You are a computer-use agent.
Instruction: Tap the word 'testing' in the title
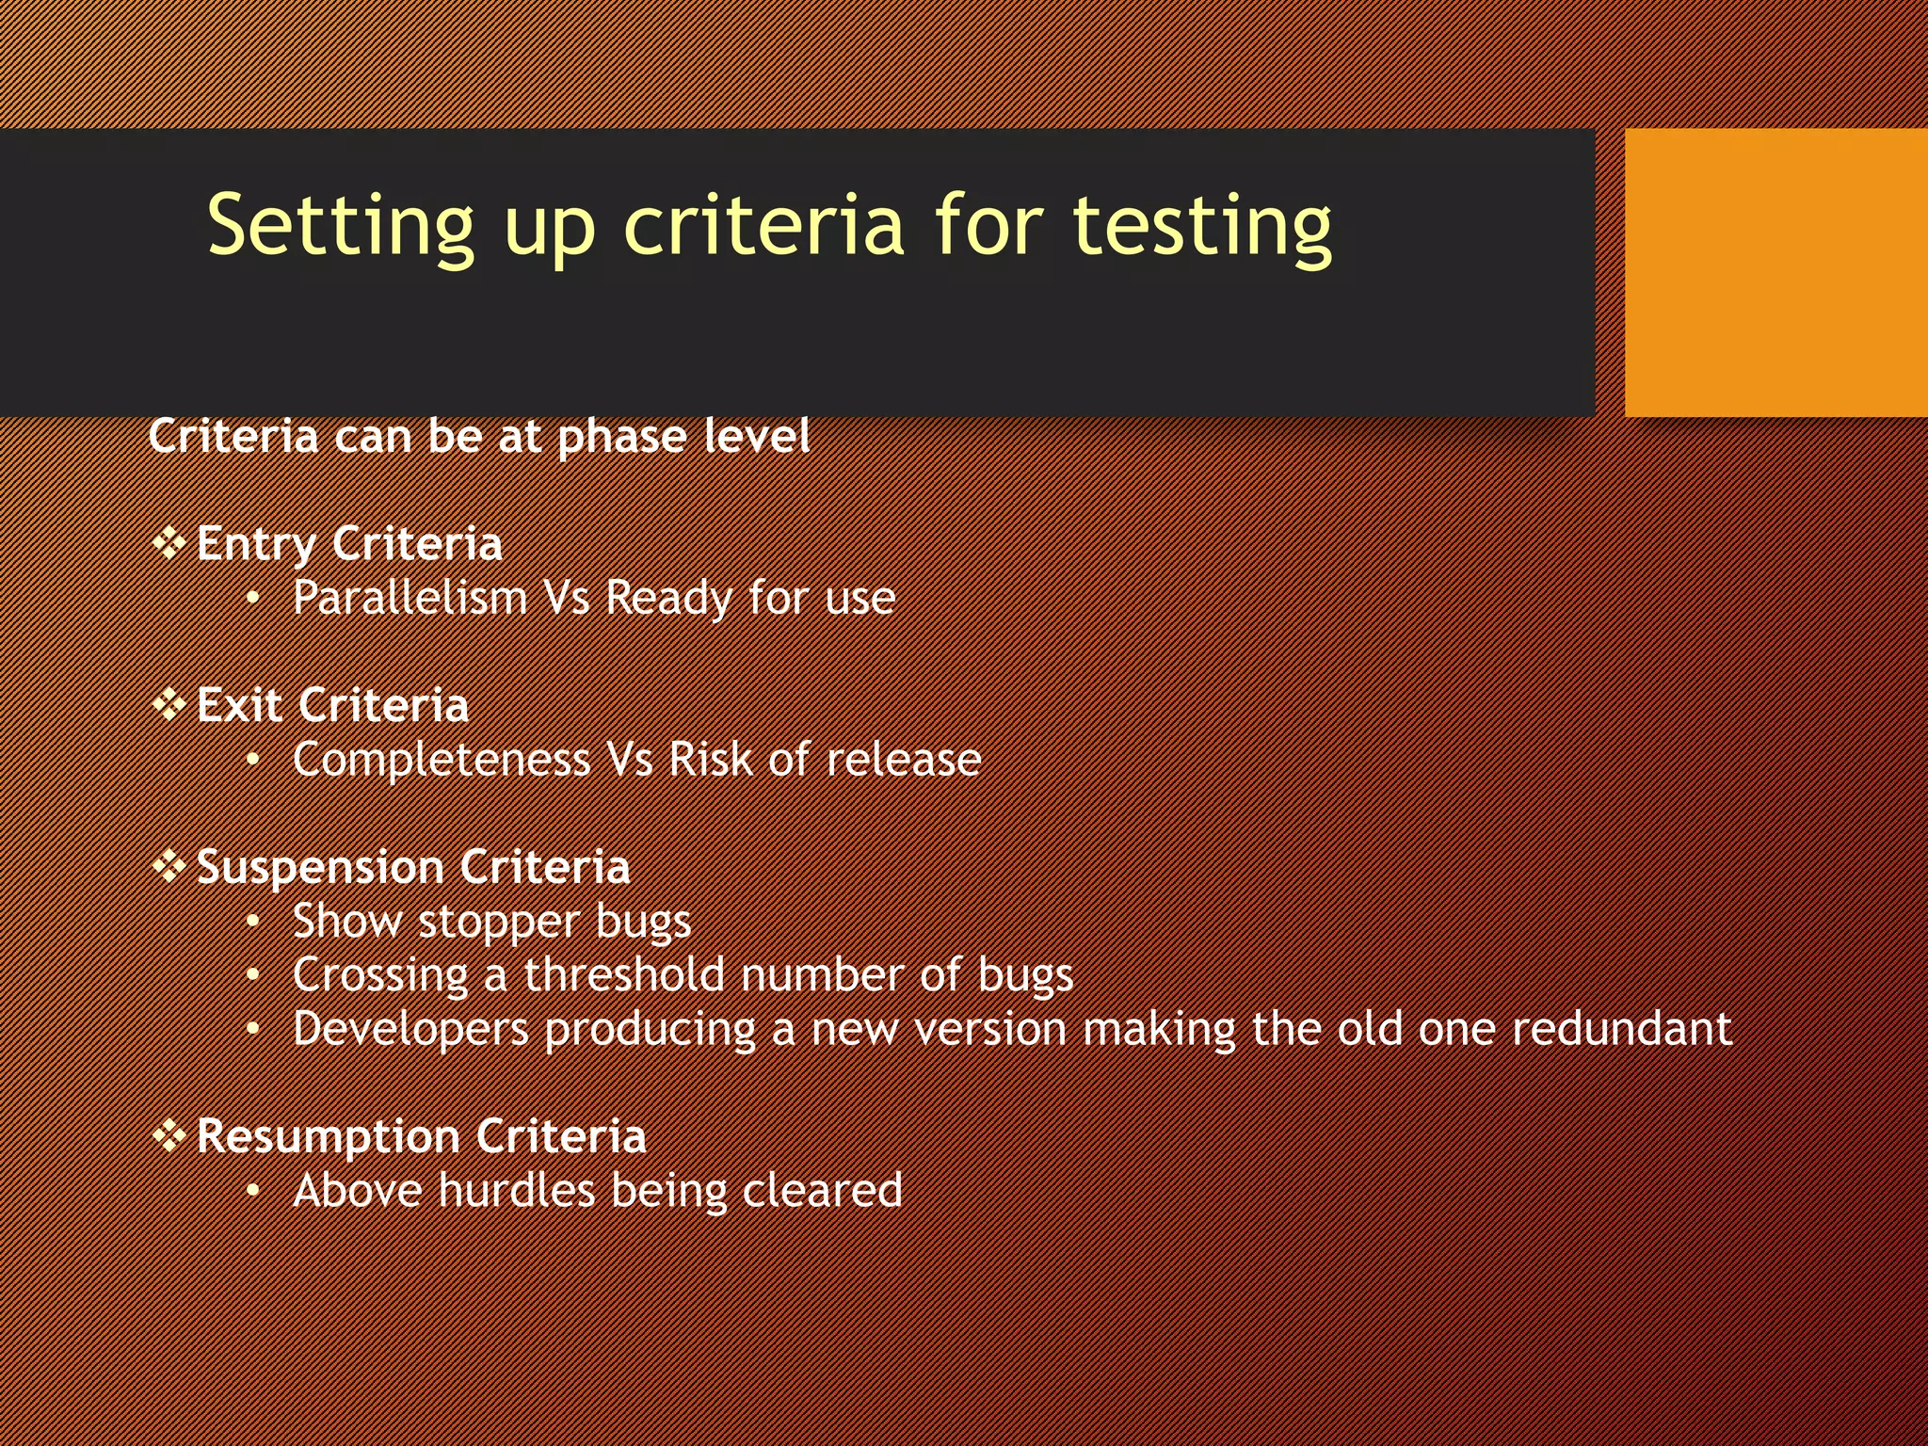1202,226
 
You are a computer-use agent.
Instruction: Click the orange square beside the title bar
1775,272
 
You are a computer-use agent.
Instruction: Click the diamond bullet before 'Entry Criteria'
169,544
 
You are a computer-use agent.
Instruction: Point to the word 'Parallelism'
410,598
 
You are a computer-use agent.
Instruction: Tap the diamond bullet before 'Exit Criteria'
169,705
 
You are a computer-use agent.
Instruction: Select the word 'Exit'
239,705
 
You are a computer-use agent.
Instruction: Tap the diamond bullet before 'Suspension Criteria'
169,866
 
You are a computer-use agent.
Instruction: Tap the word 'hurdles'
517,1191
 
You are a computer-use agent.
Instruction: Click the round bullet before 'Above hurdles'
252,1192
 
